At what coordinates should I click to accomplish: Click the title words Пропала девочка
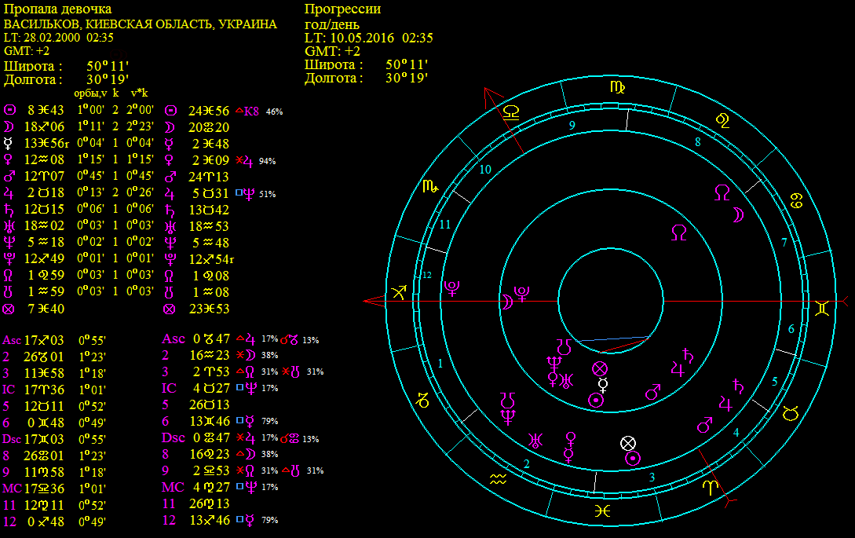click(58, 9)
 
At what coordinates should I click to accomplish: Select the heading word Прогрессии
click(342, 9)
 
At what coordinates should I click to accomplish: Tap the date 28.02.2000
click(52, 38)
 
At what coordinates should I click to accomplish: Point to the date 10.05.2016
click(362, 38)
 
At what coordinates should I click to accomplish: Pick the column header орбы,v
click(90, 93)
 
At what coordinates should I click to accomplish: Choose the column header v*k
click(139, 93)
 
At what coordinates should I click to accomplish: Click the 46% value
click(274, 112)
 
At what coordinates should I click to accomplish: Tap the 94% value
click(267, 161)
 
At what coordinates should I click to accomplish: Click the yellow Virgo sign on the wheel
click(617, 87)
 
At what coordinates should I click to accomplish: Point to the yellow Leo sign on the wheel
click(722, 121)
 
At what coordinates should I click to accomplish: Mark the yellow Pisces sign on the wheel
click(602, 511)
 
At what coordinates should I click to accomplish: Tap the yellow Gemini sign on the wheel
click(822, 309)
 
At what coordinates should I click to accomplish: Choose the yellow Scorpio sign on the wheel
click(430, 187)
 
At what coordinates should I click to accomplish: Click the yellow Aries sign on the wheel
click(710, 487)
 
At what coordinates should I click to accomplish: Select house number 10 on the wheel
click(485, 170)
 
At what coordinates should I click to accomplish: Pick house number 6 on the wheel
click(791, 329)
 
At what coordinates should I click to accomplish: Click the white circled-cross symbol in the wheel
click(628, 443)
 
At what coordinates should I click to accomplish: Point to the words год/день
click(331, 24)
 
